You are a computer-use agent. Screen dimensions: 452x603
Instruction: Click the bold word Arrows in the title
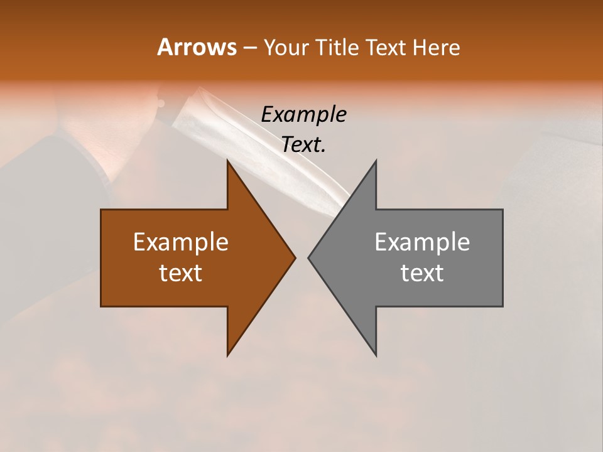[x=197, y=48]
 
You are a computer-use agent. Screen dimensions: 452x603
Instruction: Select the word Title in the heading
[x=339, y=48]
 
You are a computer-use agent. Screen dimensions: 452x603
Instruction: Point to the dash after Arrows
[x=249, y=48]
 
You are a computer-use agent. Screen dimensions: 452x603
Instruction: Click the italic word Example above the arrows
[x=304, y=115]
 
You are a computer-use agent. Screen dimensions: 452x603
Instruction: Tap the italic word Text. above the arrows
[x=304, y=145]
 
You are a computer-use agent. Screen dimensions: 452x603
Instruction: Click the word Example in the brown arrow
[x=181, y=242]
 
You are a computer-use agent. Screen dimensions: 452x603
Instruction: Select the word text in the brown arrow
[x=181, y=273]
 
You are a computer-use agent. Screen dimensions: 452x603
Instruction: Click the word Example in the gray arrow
[x=422, y=242]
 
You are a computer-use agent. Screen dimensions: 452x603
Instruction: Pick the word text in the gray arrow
[x=422, y=273]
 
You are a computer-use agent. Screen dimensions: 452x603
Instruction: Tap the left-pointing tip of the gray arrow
[x=309, y=257]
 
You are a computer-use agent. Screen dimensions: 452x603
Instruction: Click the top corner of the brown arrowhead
[x=228, y=161]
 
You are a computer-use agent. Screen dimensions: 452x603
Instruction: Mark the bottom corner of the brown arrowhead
[x=228, y=355]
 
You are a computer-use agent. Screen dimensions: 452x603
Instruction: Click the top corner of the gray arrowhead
[x=376, y=161]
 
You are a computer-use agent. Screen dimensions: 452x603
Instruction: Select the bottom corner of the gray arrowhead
[x=376, y=355]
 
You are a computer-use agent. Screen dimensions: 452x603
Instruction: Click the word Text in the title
[x=387, y=48]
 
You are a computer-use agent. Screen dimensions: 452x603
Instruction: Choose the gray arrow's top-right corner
[x=502, y=210]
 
